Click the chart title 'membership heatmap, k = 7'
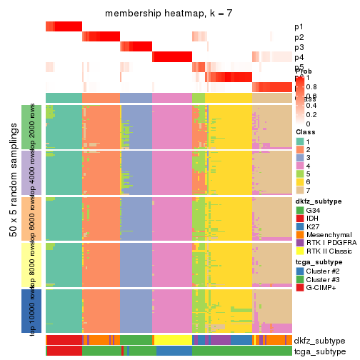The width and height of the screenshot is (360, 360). click(x=169, y=14)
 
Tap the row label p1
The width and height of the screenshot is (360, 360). click(x=299, y=26)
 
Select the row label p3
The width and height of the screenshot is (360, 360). click(x=299, y=47)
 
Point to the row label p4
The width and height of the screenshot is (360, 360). click(x=299, y=57)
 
